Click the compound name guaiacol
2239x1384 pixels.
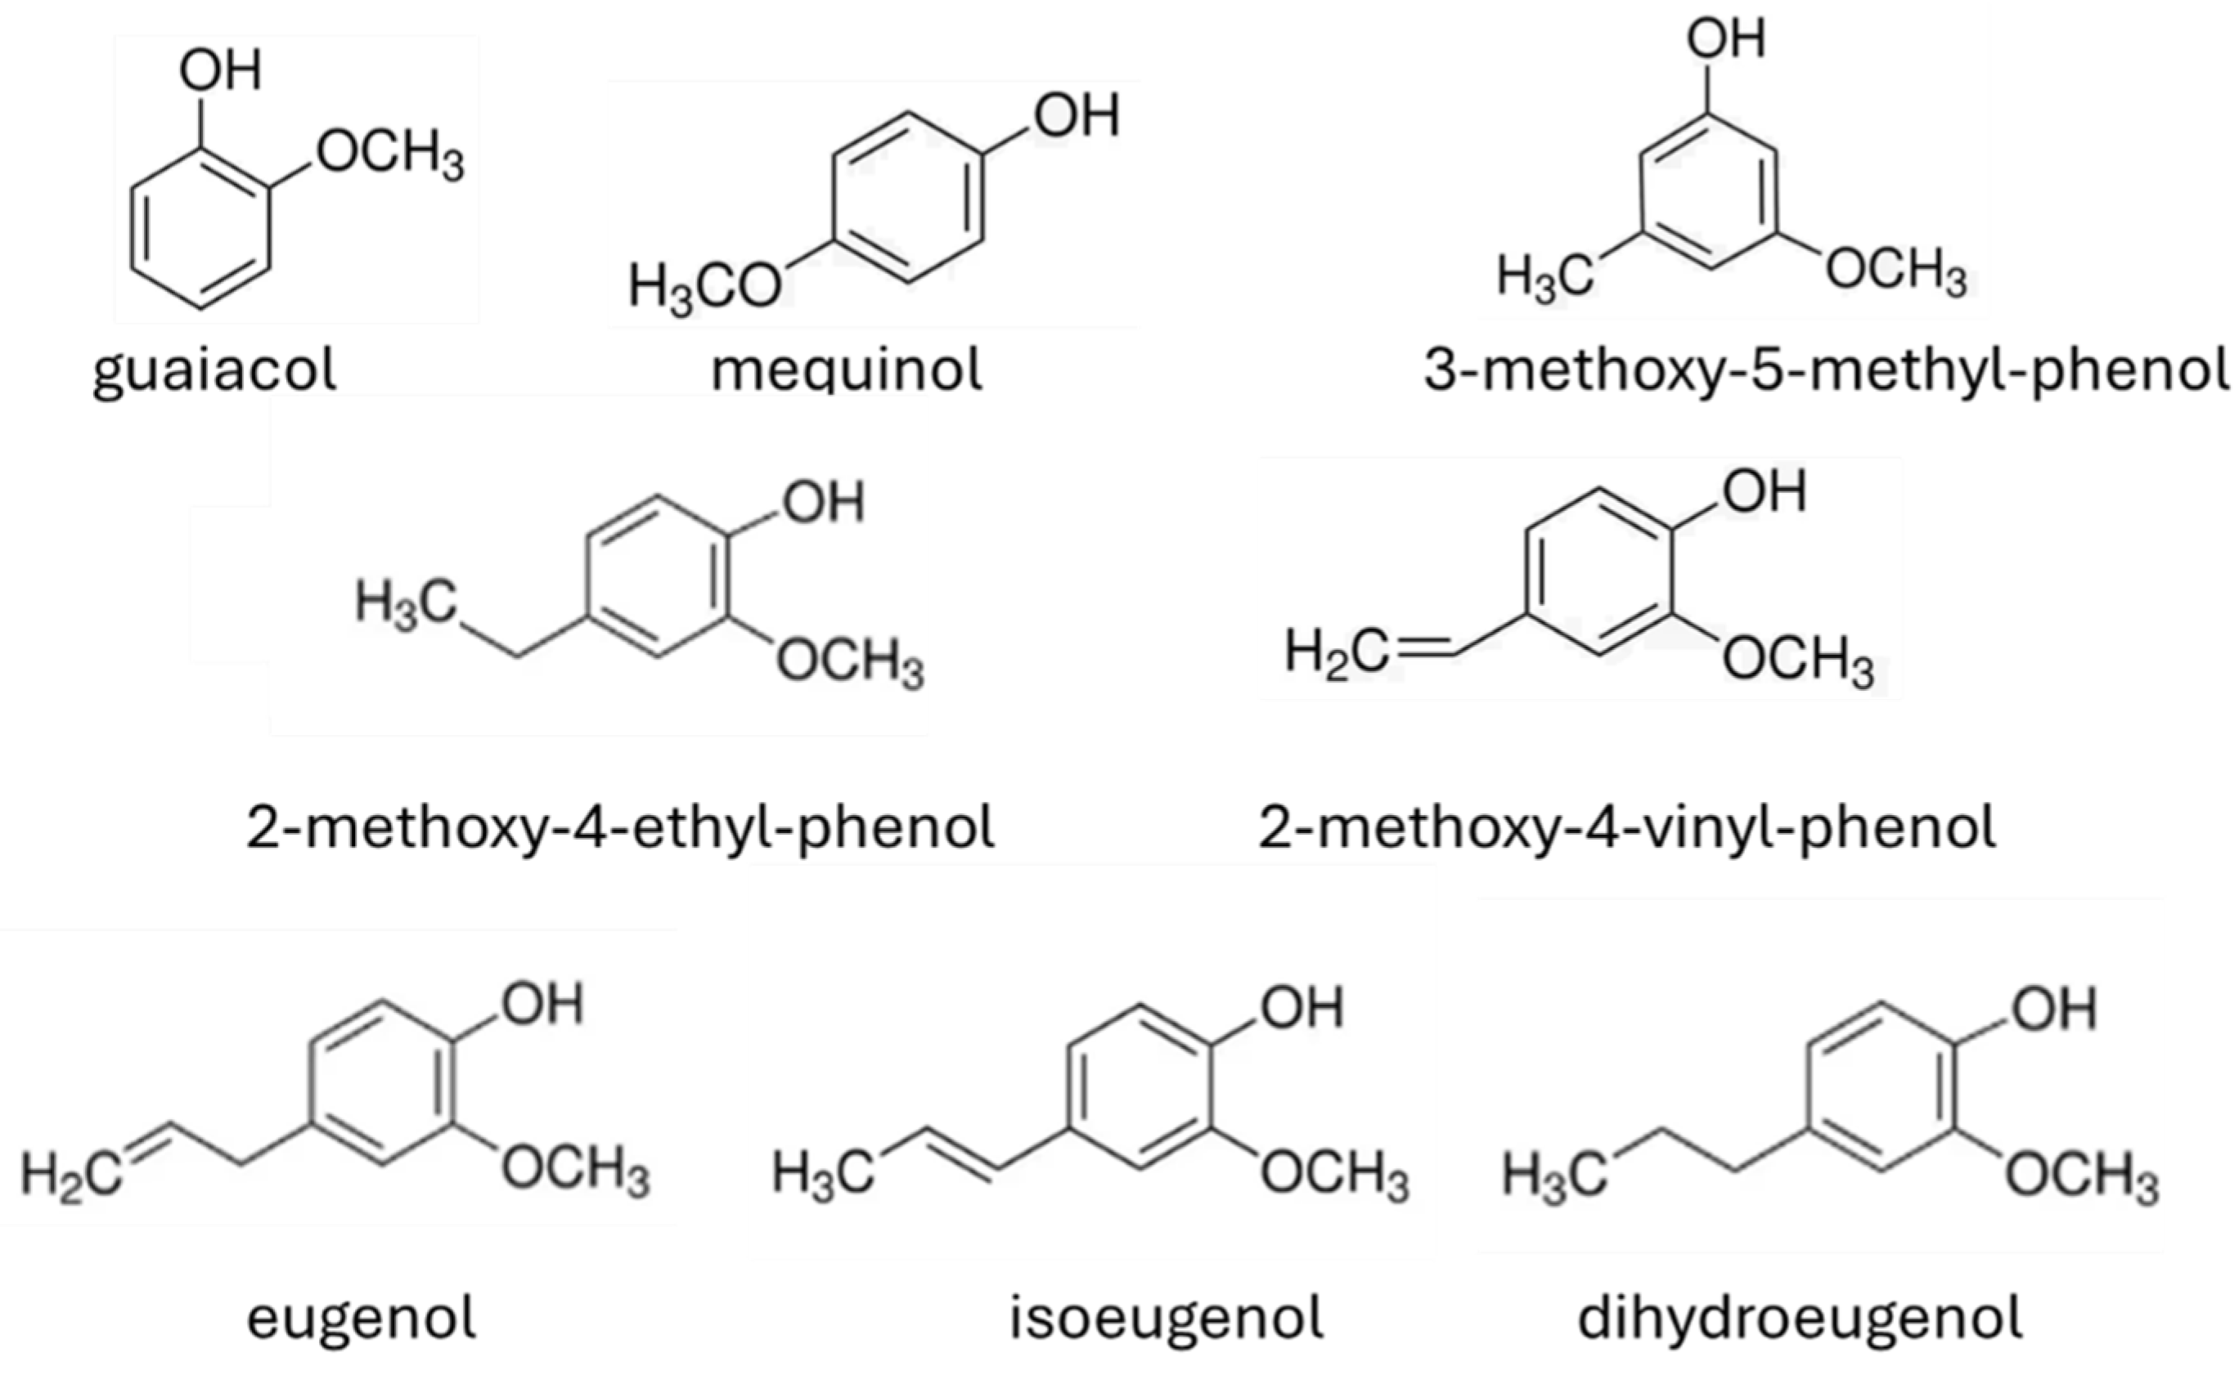[215, 370]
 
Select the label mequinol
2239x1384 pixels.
[847, 370]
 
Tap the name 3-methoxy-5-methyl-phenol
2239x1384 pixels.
[1826, 370]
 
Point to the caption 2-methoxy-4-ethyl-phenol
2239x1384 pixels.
[620, 826]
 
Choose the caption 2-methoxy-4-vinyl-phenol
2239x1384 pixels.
[1627, 826]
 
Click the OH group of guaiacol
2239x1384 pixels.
[220, 70]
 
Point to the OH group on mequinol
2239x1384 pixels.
[1077, 116]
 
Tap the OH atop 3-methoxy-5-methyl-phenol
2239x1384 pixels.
[1725, 40]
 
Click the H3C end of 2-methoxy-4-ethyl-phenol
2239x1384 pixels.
[406, 603]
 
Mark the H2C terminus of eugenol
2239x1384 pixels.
[71, 1175]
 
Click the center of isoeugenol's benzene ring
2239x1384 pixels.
[1141, 1087]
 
